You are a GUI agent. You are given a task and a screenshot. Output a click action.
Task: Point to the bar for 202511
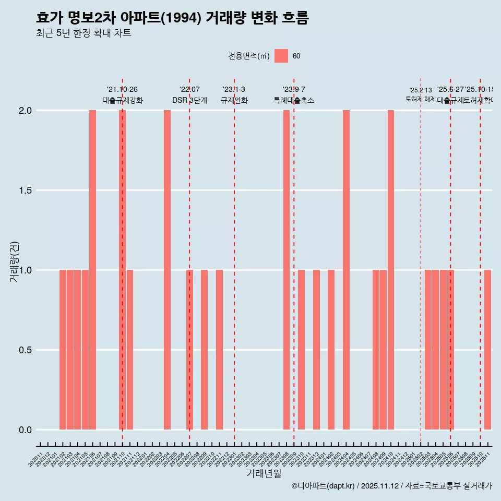487,350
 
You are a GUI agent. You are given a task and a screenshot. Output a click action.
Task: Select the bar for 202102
63,350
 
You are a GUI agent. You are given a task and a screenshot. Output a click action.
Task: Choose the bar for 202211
219,350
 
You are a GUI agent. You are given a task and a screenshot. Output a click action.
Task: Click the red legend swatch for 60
281,56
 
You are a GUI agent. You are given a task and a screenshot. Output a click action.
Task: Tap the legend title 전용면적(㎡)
248,56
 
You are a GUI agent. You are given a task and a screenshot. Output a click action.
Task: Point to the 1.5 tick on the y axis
25,190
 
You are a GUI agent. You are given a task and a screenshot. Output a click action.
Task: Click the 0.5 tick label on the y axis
25,350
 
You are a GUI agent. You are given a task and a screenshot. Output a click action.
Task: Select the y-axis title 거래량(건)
15,262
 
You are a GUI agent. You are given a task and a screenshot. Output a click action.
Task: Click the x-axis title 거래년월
264,474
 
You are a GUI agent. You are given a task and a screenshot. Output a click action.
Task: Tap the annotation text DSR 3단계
189,101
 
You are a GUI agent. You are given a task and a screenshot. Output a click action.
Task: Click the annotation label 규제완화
234,101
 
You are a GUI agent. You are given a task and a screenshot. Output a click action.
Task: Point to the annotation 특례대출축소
294,101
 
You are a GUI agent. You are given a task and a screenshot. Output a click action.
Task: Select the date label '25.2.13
421,90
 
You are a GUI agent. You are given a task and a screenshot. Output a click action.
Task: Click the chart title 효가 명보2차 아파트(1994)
172,18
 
